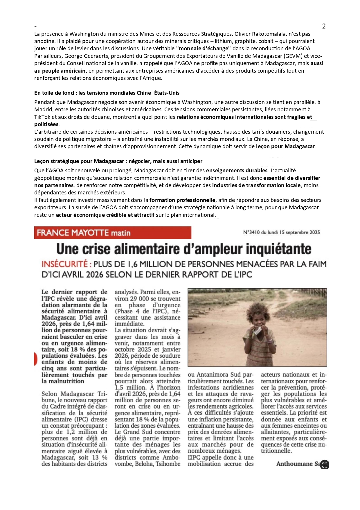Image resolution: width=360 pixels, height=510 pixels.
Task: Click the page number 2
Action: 324,26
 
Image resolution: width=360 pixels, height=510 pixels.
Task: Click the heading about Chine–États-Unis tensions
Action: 107,93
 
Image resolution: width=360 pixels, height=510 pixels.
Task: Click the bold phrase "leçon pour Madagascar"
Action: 285,146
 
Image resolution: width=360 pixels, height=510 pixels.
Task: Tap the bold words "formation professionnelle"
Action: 182,200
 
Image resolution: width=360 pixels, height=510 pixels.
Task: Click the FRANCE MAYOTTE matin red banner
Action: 113,233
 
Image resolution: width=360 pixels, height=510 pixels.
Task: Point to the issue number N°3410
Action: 251,232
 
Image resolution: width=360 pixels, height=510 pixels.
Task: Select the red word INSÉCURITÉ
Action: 64,264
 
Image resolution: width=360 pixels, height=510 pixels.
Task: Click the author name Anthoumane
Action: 294,464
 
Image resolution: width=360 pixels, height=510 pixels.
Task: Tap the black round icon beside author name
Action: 325,465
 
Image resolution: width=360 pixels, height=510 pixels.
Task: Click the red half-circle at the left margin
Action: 36,359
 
